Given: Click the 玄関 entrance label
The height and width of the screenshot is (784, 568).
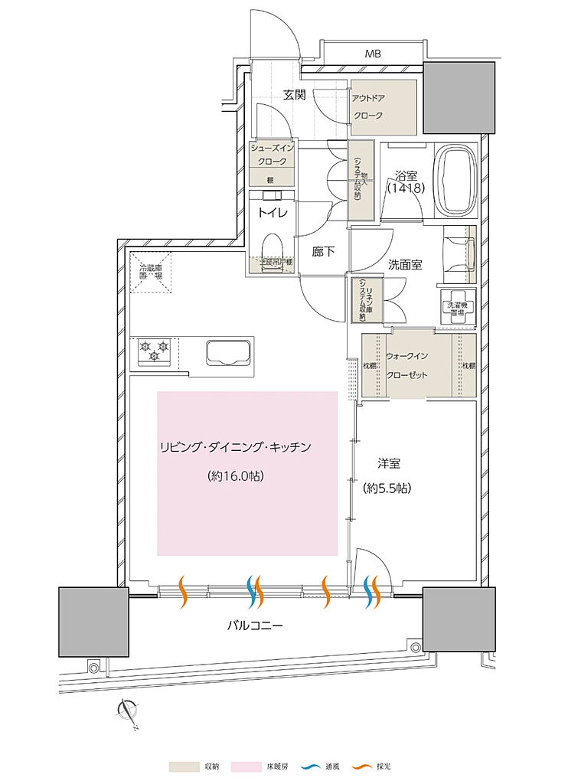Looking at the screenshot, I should (295, 96).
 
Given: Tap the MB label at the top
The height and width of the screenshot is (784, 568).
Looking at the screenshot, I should (373, 54).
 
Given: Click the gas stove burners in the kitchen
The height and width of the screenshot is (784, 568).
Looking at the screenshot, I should (153, 351).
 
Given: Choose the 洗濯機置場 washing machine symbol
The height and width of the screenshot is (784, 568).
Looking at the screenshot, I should (457, 307).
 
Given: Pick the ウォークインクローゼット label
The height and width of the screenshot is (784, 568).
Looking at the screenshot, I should (418, 366).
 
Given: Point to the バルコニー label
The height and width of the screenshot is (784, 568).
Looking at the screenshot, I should (255, 626).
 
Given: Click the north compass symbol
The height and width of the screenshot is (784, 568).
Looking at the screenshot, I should (128, 712).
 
